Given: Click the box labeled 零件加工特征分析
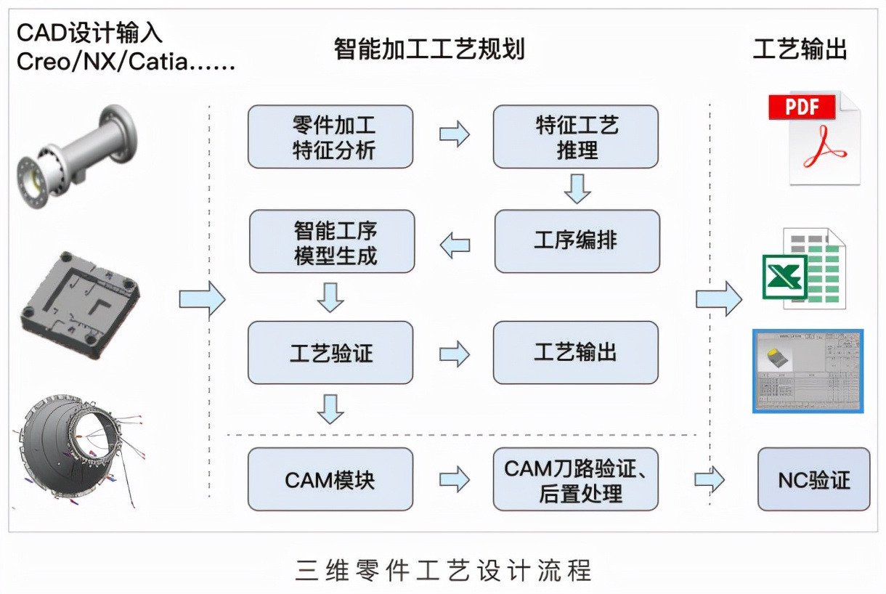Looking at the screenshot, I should coord(330,137).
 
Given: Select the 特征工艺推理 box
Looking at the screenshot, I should coord(575,137).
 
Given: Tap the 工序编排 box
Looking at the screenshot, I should coord(577,241).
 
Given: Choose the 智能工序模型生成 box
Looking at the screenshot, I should coord(332,241).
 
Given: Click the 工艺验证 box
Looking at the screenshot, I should coord(330,353).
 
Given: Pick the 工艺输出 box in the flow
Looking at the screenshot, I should coord(575,353).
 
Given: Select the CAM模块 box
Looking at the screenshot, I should coord(330,479).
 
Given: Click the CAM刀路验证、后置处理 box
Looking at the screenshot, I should coord(575,479).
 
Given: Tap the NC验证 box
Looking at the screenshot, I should coord(813,479).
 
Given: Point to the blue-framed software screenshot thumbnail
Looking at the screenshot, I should coord(808,370).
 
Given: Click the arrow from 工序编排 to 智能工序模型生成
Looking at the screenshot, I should coord(455,245).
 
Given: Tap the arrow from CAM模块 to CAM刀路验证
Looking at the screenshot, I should coord(454,479).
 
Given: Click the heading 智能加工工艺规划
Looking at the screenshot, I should coord(428,49).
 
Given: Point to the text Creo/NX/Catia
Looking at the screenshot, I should coord(125,62).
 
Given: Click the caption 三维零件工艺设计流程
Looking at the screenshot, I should coord(443,570).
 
